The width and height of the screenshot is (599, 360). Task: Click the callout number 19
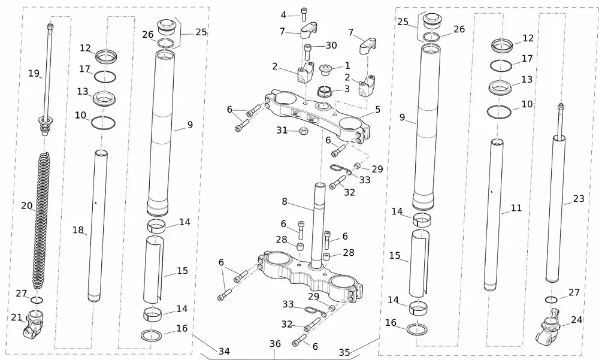[x=34, y=74]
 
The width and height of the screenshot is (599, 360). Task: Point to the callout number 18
[x=78, y=230]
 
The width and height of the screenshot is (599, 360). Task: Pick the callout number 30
[x=331, y=46]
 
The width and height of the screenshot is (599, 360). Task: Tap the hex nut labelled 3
[x=327, y=91]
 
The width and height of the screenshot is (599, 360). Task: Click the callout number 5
[x=377, y=110]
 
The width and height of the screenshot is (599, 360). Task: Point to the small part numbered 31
[x=304, y=131]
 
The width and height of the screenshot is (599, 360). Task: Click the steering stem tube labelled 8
[x=317, y=222]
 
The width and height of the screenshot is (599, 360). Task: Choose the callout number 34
[x=223, y=352]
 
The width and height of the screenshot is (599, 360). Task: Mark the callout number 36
[x=275, y=344]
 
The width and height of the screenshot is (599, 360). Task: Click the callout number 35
[x=344, y=352]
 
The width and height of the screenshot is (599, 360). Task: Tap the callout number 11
[x=516, y=208]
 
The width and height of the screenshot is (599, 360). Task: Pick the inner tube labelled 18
[x=98, y=228]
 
